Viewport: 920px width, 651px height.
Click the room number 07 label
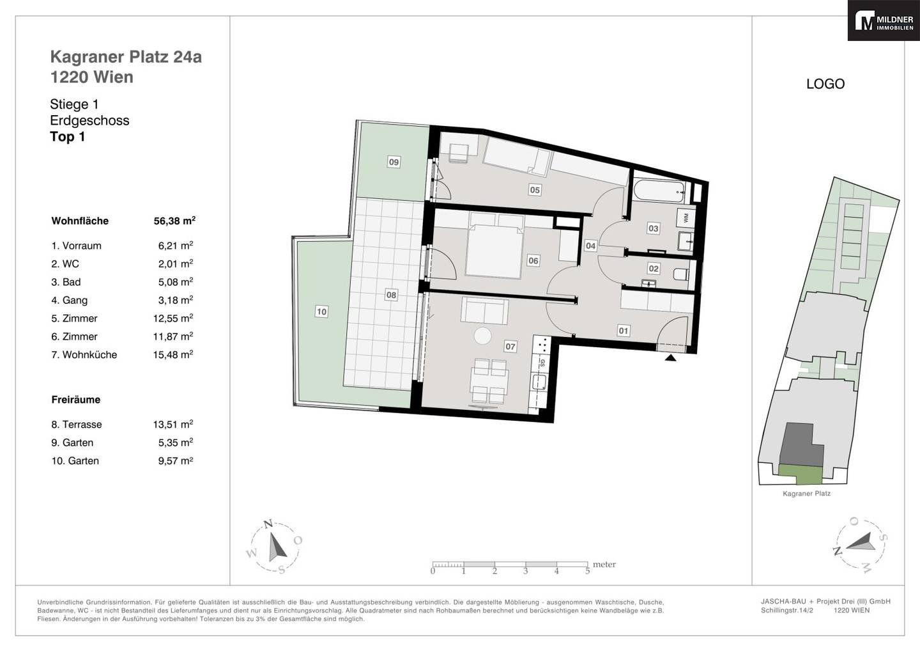pyautogui.click(x=510, y=347)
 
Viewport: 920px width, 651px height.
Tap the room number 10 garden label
pyautogui.click(x=321, y=311)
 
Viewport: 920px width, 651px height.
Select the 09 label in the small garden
pyautogui.click(x=394, y=162)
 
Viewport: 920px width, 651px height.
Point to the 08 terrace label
pyautogui.click(x=391, y=295)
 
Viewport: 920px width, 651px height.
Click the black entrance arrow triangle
pyautogui.click(x=671, y=358)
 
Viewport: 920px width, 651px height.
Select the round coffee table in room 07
pyautogui.click(x=482, y=336)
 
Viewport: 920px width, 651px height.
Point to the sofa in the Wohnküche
pyautogui.click(x=485, y=310)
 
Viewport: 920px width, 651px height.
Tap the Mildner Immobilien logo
pyautogui.click(x=884, y=20)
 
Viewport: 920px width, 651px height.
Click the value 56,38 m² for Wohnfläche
pyautogui.click(x=174, y=221)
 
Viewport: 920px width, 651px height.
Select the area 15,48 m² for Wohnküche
pyautogui.click(x=173, y=354)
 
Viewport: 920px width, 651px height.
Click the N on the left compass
pyautogui.click(x=268, y=524)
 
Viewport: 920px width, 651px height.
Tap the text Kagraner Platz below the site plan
pyautogui.click(x=806, y=493)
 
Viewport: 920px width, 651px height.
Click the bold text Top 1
pyautogui.click(x=67, y=136)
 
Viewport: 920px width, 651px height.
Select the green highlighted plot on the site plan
pyautogui.click(x=801, y=475)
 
